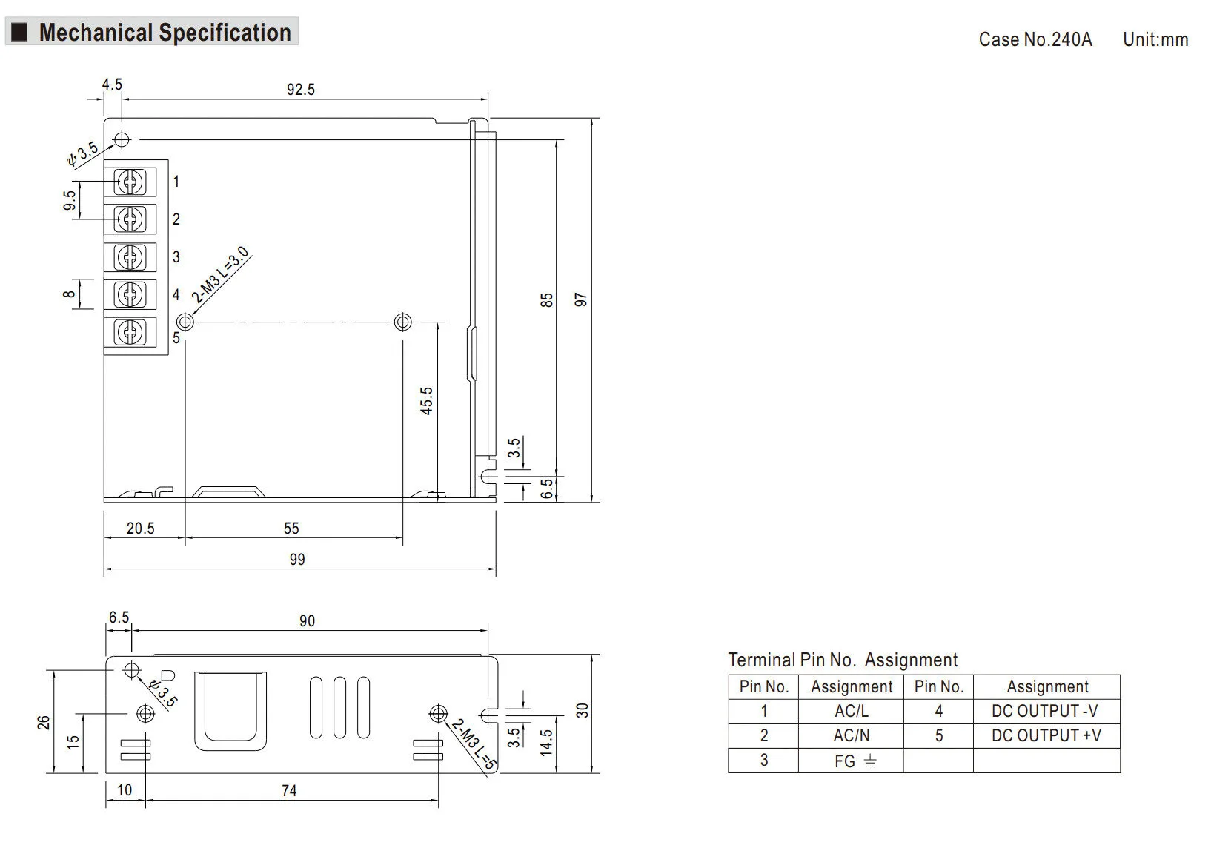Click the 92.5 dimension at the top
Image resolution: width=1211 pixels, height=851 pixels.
point(301,89)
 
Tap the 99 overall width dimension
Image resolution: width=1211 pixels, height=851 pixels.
point(297,559)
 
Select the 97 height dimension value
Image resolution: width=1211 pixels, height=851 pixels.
point(580,300)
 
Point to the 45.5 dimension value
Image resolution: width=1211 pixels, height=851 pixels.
point(427,400)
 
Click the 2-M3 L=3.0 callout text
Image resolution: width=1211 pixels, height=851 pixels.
point(220,275)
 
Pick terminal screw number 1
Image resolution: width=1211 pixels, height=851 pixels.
point(130,182)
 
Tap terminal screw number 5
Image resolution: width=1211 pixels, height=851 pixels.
point(130,332)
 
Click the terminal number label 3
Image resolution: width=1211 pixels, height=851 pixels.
point(176,256)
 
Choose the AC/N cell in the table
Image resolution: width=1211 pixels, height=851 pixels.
point(851,735)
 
